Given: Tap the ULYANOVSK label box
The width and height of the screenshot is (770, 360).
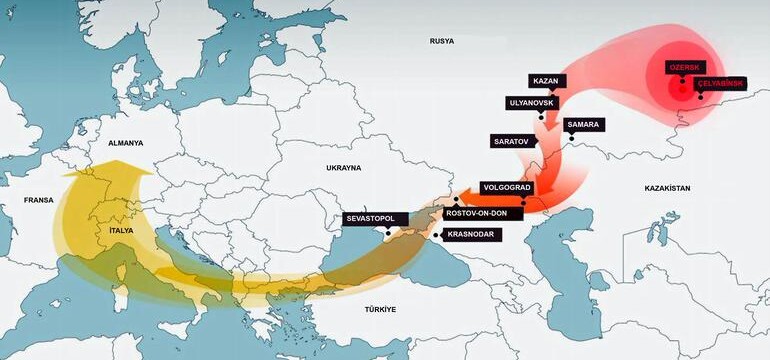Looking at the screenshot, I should coord(532,102).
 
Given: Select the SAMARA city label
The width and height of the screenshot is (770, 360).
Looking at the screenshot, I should coord(583,124).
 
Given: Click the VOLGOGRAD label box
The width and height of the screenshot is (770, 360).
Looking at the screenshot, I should coord(507,187).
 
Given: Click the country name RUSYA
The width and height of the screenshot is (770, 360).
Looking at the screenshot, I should coord(441,41).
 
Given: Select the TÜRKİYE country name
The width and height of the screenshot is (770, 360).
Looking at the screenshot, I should coord(380,310).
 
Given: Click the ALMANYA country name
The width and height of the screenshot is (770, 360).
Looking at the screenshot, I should coord(126,143).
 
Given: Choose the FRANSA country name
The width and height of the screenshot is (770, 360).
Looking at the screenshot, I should coord(38,201).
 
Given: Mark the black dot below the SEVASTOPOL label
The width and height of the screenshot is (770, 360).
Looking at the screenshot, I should coord(388,232).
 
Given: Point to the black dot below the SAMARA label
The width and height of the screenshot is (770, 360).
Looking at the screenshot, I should coord(572,138).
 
